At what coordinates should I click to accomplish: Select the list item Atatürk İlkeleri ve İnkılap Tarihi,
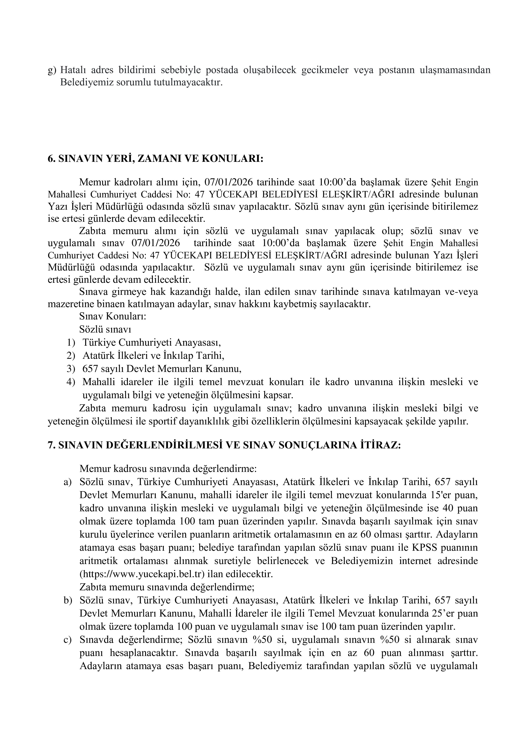click(153, 355)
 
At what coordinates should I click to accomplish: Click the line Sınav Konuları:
click(112, 316)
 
